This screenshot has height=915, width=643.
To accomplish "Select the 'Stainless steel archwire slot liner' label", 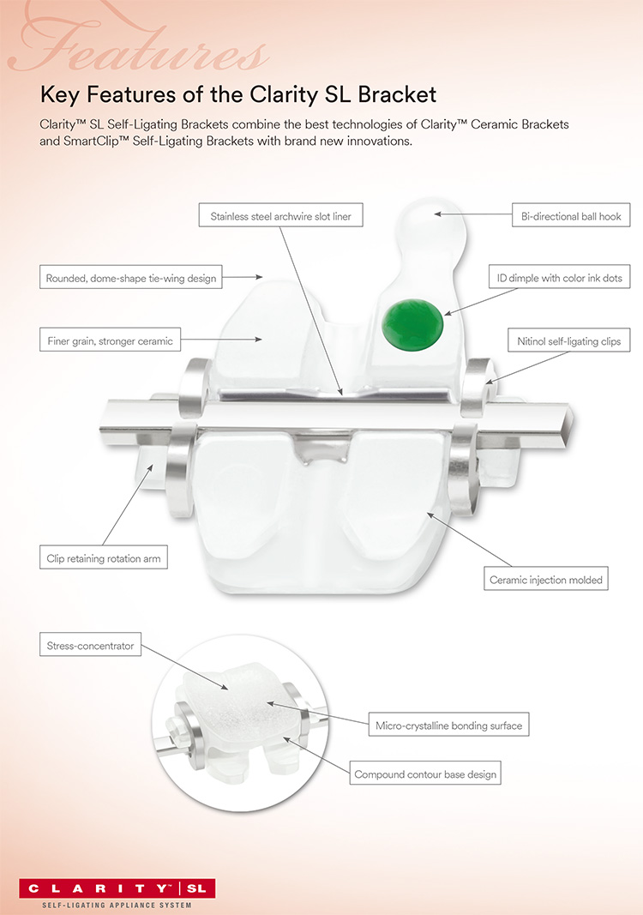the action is coord(280,215).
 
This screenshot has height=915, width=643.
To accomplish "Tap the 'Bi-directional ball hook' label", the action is coord(571,215).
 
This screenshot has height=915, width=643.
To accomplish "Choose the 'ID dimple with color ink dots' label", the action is coord(560,277).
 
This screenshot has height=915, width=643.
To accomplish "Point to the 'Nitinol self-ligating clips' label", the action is coord(569,340).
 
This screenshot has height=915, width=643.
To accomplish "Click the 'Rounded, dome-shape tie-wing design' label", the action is coord(130,278).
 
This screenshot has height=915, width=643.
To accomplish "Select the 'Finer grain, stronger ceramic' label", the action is coord(111,340).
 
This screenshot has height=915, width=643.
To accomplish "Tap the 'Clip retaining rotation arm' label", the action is coord(103,558).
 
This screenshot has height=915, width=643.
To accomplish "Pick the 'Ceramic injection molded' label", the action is coord(545,579).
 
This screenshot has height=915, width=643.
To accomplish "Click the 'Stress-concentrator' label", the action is coord(90,645).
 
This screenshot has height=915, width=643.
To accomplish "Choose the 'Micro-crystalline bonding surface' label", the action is coord(448,725).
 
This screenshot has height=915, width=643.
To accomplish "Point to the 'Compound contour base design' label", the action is coord(425,774).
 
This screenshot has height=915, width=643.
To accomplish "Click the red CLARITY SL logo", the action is coord(117,888).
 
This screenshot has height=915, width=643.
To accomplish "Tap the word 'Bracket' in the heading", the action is coord(397,94).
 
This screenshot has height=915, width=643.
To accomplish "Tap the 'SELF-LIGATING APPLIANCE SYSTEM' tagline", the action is coord(117,905).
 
